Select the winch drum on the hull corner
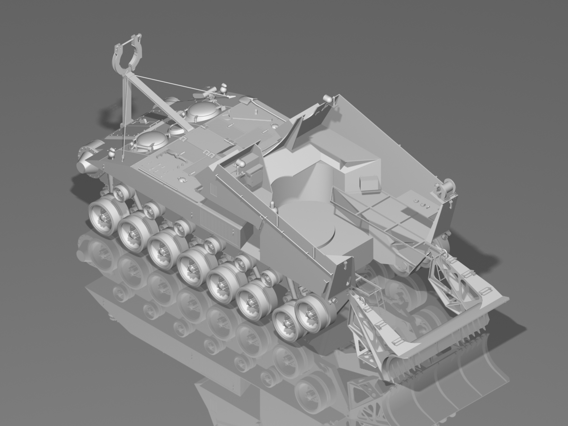click(x=445, y=189)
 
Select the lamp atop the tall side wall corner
click(x=327, y=98)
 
